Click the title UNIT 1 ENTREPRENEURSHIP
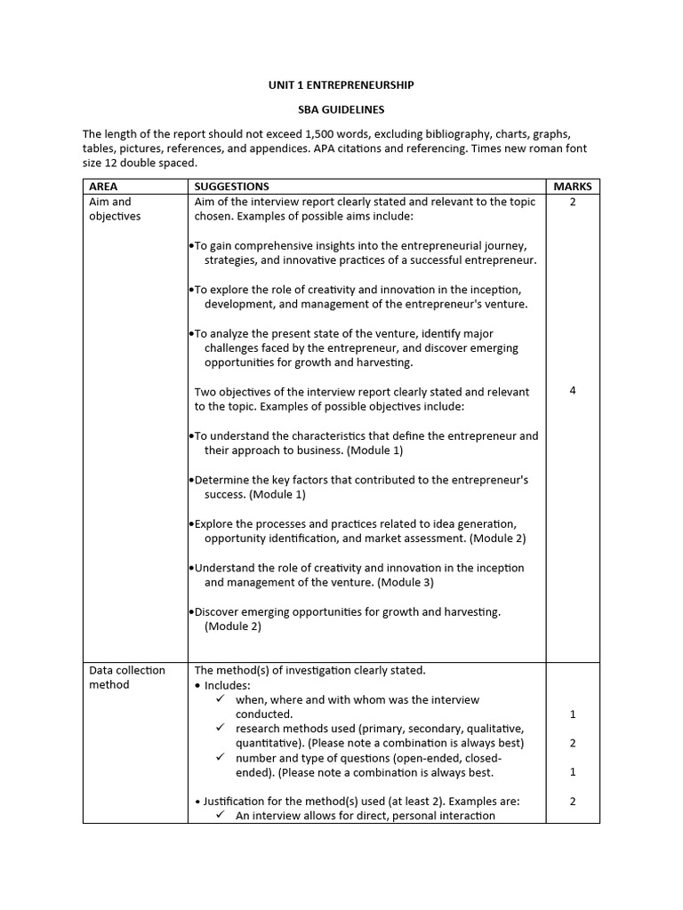pyautogui.click(x=341, y=84)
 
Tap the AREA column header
pyautogui.click(x=103, y=187)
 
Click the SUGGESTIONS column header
pyautogui.click(x=231, y=187)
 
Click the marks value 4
pyautogui.click(x=572, y=390)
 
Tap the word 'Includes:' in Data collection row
pyautogui.click(x=228, y=685)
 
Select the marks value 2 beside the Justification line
pyautogui.click(x=572, y=801)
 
